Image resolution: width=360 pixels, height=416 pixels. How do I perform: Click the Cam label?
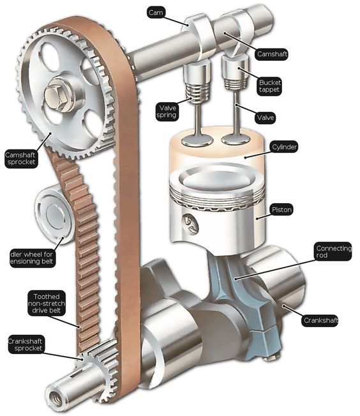pos(156,13)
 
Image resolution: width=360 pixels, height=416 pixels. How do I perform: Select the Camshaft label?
pos(272,54)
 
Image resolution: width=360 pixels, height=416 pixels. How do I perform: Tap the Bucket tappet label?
pos(269,86)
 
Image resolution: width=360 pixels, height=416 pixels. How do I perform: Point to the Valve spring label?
pos(167,112)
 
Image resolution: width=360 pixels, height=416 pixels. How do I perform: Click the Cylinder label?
pos(284,147)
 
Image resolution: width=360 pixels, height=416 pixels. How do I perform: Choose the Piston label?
pos(281,210)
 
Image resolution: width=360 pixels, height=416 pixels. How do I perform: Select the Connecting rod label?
pos(333,252)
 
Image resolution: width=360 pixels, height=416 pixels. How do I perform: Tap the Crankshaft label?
pos(320,321)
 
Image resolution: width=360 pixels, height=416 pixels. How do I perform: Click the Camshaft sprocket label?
pos(20,158)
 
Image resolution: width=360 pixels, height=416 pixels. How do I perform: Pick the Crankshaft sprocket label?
pos(26,344)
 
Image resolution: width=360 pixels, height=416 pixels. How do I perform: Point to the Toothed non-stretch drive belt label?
pos(47,304)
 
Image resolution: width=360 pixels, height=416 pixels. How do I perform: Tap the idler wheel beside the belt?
pos(54,214)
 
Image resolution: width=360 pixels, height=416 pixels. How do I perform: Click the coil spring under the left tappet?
pos(197,92)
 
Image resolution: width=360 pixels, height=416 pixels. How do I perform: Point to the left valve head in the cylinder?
pos(197,139)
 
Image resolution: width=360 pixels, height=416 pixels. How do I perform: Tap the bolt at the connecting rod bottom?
pos(271,358)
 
